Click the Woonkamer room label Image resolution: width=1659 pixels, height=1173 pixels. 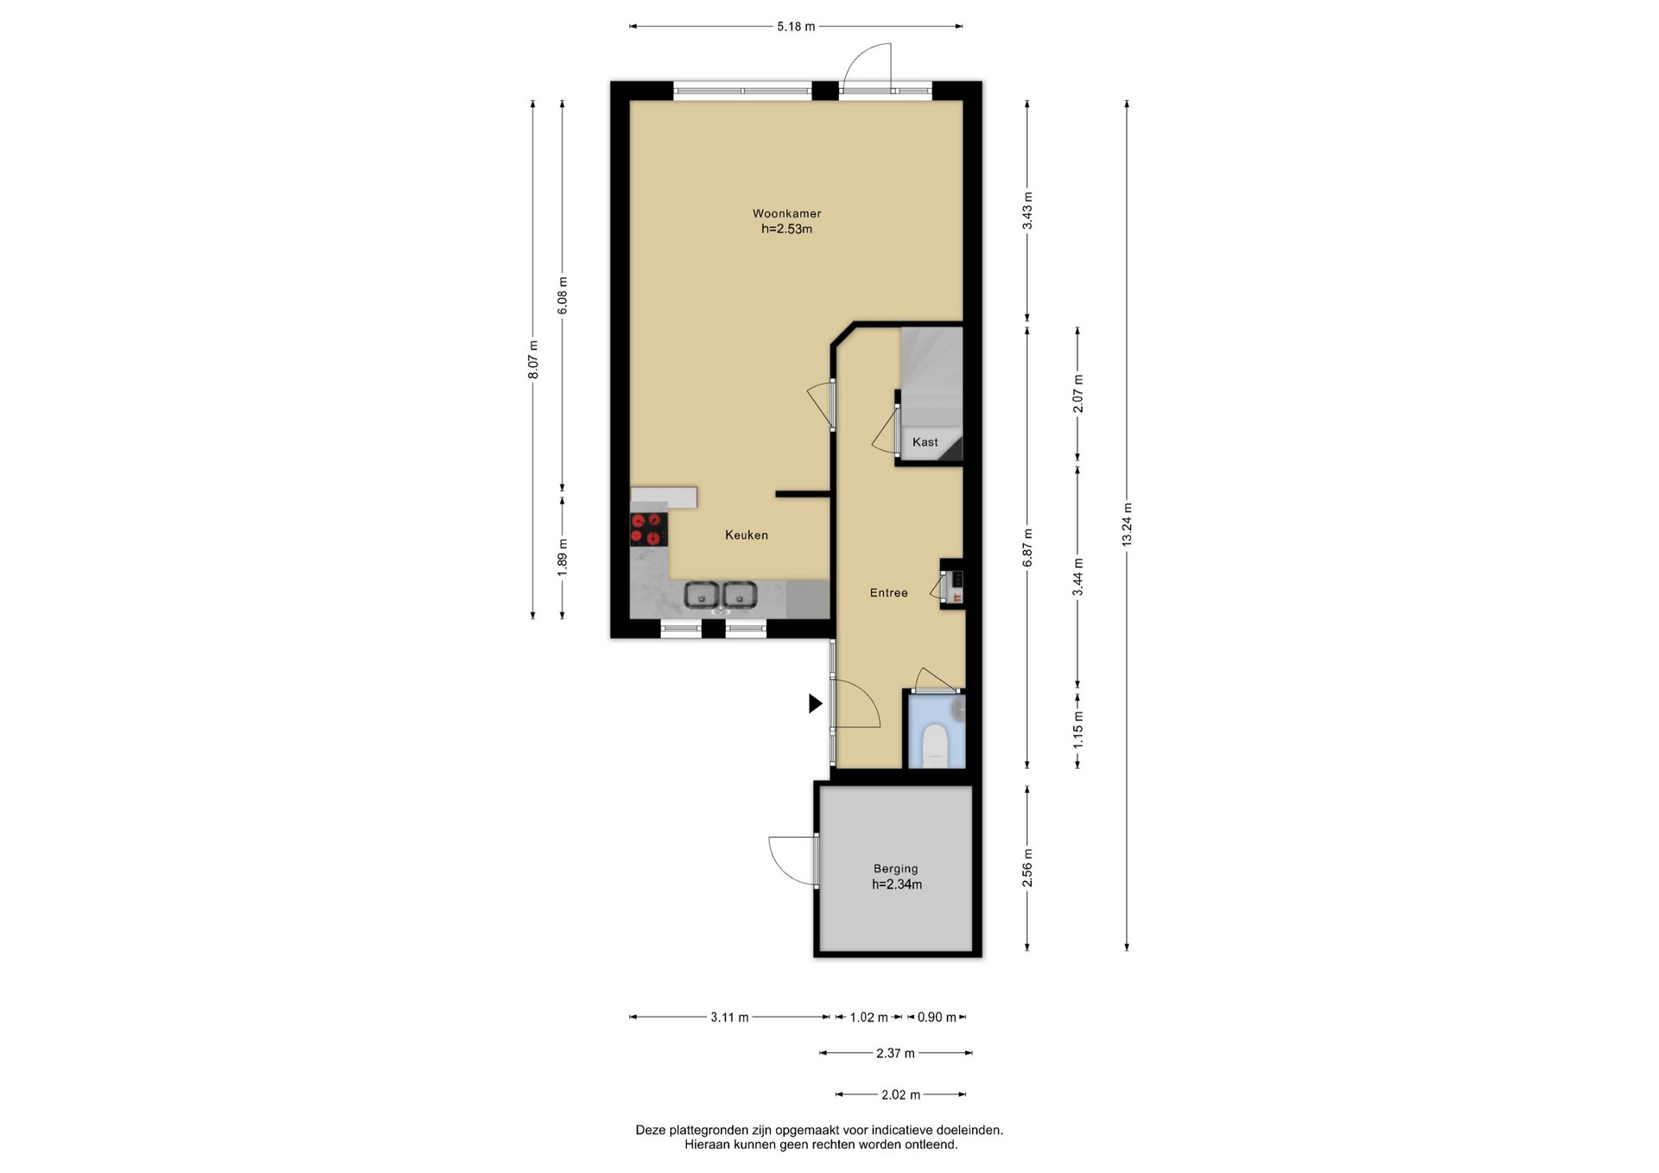pos(786,213)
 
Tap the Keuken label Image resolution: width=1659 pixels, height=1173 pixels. pos(747,536)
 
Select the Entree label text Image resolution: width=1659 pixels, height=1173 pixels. pos(888,593)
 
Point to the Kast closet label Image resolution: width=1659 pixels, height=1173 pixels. pos(925,442)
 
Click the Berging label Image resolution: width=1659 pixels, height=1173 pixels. pos(895,869)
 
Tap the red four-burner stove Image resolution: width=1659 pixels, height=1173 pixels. pos(649,529)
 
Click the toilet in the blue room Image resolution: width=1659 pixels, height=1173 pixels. pos(935,745)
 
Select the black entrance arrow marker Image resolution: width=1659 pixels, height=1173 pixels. pos(815,704)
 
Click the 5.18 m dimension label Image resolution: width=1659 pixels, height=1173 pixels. pos(796,27)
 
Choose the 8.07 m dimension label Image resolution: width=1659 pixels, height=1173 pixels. pos(533,359)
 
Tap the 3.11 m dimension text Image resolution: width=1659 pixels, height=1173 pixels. pos(729,1018)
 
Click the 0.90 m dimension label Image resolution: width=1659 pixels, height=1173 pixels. pos(937,1018)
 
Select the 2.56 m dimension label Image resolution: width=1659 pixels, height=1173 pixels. pos(1027,868)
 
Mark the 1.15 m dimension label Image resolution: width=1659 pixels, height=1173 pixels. pos(1077,730)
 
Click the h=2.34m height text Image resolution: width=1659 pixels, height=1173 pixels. pos(896,885)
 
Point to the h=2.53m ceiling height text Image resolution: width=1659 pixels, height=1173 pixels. pos(786,230)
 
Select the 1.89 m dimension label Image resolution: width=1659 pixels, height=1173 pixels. pos(563,557)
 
